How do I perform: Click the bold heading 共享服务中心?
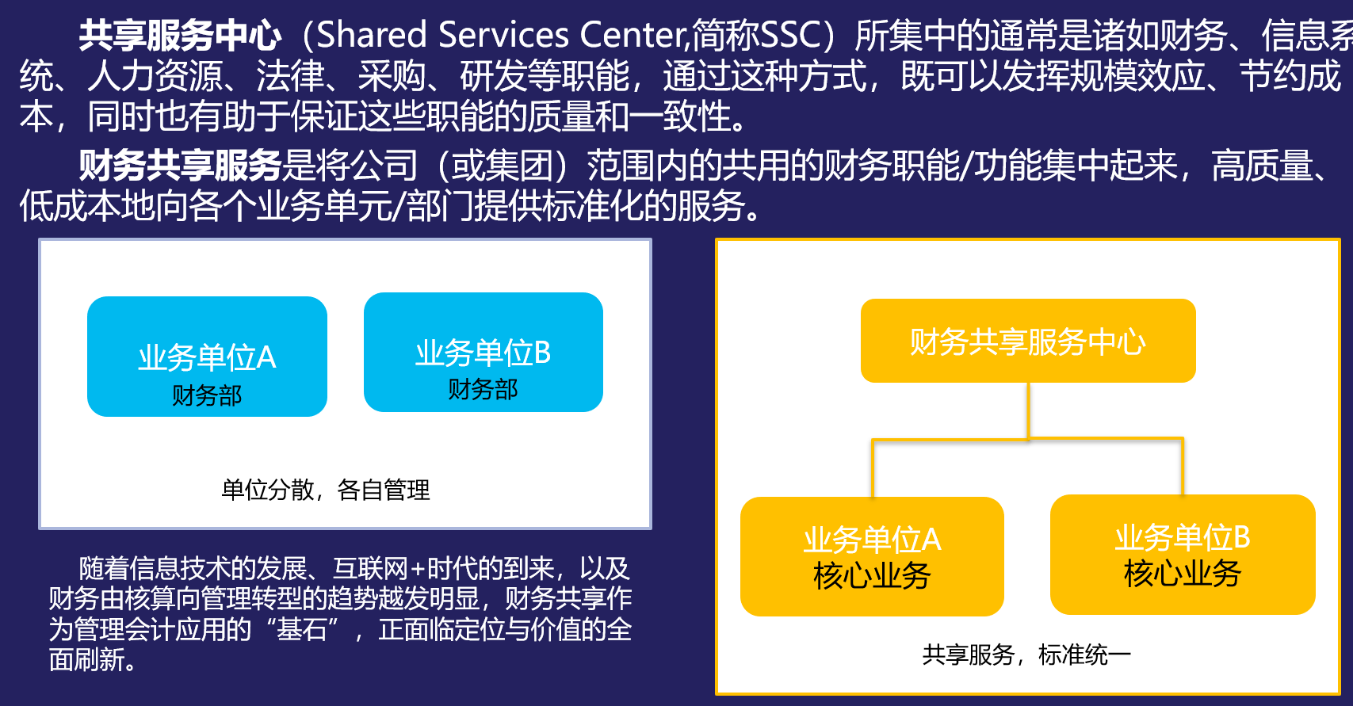click(180, 35)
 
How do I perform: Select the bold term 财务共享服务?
click(180, 166)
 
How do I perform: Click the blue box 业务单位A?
click(207, 357)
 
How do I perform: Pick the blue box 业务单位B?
click(483, 352)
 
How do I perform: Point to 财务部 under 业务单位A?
click(207, 395)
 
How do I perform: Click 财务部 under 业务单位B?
click(483, 390)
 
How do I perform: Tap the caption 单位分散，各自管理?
click(326, 490)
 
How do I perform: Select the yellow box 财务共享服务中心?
click(1028, 341)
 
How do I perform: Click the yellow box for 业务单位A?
click(872, 556)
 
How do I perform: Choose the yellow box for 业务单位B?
click(1183, 555)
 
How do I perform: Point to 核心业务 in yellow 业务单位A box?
click(872, 575)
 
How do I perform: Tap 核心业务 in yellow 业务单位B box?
click(1183, 573)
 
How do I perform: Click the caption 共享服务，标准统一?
click(1026, 654)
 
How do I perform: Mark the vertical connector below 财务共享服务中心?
click(1028, 410)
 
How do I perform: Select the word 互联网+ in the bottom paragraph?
click(379, 569)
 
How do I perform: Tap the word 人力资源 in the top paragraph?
click(155, 76)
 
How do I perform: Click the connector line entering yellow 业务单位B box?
click(1182, 466)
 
